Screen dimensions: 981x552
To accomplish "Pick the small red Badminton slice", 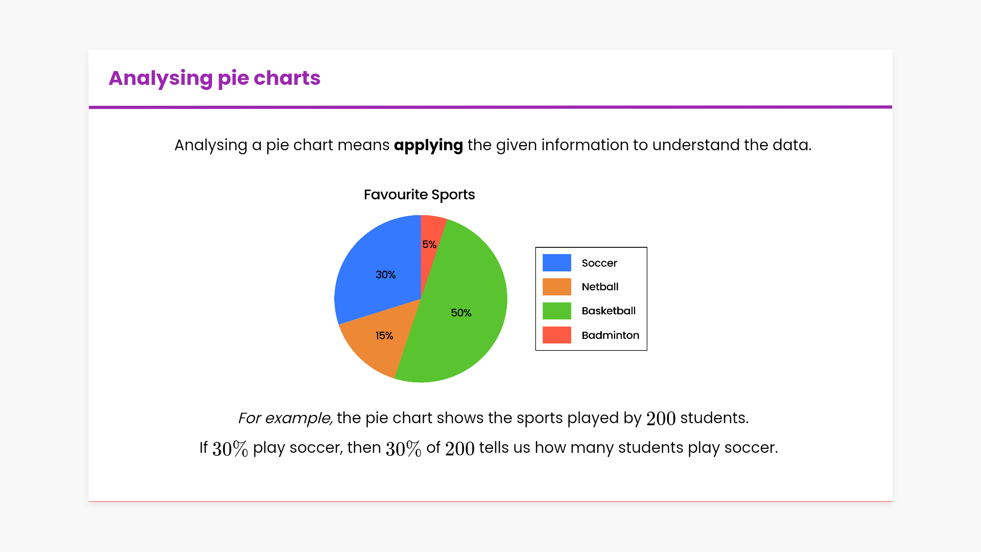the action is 430,240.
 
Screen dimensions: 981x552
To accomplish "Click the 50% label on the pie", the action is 461,313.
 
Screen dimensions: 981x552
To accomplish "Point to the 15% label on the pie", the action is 384,336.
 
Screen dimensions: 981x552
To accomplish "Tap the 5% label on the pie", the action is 429,244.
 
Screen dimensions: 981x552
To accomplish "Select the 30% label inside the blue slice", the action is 386,275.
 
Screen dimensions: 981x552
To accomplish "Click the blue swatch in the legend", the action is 557,263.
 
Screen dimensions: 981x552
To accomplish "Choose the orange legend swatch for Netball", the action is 557,287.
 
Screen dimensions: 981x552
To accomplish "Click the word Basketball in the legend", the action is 609,311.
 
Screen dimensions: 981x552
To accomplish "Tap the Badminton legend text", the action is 611,335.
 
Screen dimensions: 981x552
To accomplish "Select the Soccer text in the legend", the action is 599,263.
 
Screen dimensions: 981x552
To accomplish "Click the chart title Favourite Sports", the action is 419,195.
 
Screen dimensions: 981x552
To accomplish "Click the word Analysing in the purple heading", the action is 160,78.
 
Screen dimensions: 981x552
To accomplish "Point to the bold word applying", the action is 428,145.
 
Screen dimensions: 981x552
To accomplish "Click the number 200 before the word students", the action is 661,419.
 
